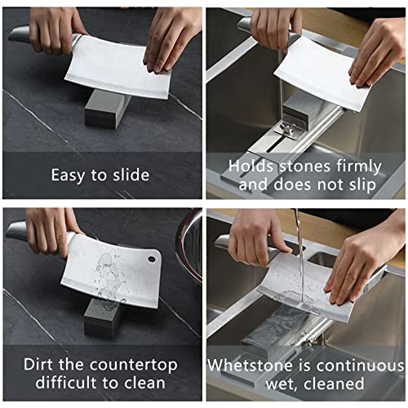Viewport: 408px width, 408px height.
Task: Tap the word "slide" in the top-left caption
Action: click(130, 175)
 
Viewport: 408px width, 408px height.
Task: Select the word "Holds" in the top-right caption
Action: click(251, 166)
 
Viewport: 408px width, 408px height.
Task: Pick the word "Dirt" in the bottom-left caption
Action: click(40, 365)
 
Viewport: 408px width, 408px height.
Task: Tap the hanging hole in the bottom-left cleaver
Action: click(151, 259)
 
